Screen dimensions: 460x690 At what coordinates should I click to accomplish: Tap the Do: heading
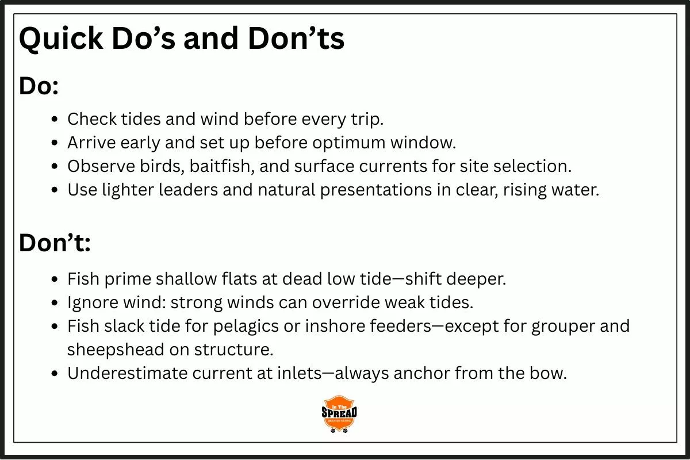(x=39, y=86)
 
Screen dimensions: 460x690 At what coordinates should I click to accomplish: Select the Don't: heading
(x=55, y=243)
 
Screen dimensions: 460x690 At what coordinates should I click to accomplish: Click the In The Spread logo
(x=339, y=413)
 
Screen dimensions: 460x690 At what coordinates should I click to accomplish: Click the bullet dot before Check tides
(x=55, y=120)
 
